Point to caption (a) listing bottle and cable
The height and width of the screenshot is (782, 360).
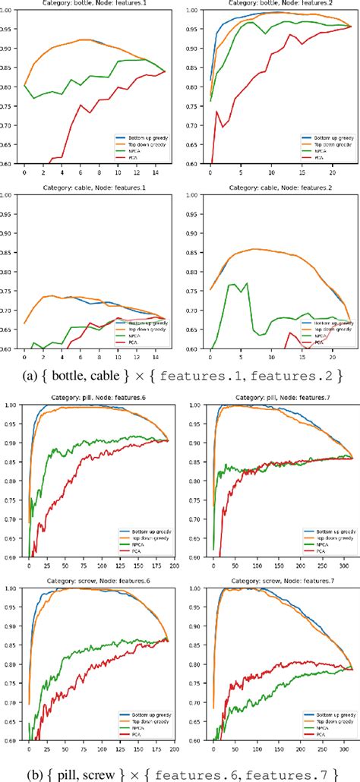point(180,374)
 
